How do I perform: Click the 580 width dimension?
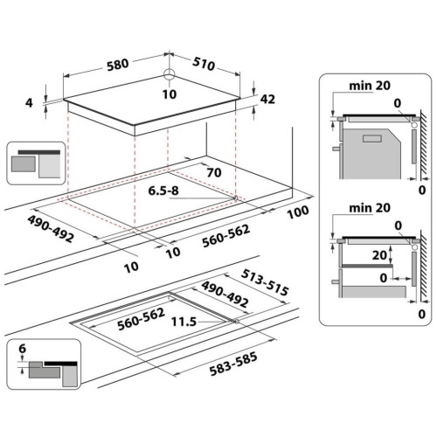click(118, 65)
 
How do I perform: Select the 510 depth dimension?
click(204, 64)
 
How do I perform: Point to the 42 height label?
click(267, 99)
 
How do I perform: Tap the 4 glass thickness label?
click(29, 103)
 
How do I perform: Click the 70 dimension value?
click(214, 173)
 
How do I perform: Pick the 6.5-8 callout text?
click(163, 191)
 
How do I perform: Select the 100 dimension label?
click(298, 212)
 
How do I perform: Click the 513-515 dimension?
click(265, 282)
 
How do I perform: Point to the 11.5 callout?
click(184, 322)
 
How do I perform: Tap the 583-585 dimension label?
click(233, 364)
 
